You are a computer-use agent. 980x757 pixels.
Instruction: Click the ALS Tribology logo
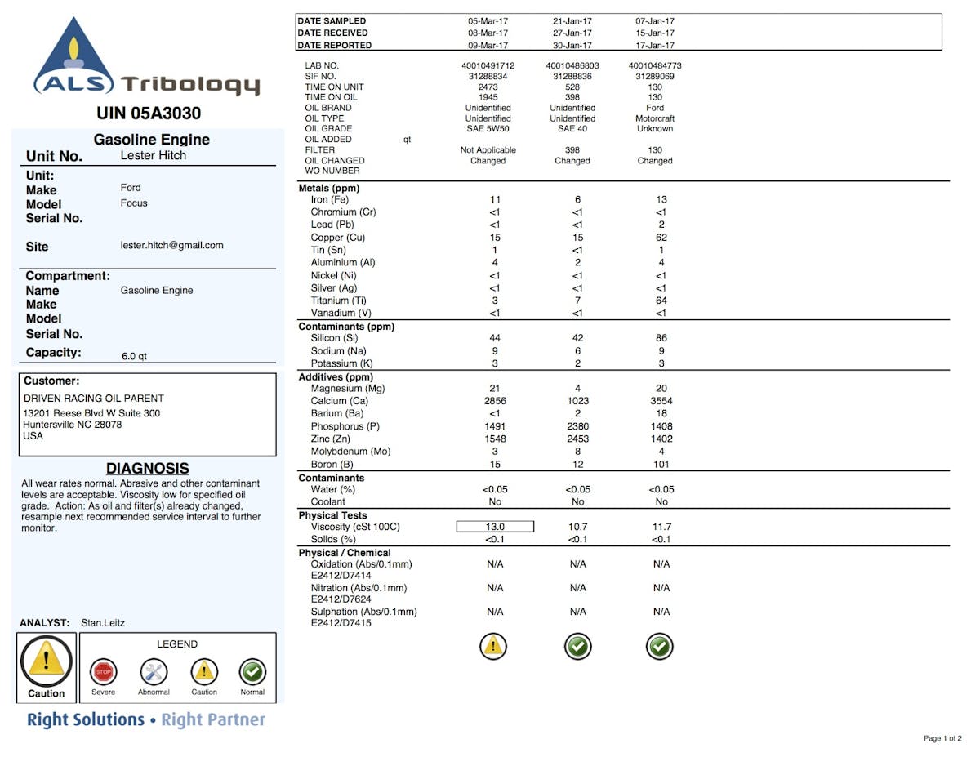coord(147,58)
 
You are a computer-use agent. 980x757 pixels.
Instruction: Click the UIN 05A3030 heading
coord(149,113)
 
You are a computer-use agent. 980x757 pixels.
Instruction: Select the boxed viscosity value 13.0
coord(495,527)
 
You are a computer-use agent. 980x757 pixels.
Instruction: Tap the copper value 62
coord(661,238)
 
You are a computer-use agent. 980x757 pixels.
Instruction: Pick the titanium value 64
coord(661,301)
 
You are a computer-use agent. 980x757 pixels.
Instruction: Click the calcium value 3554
coord(661,401)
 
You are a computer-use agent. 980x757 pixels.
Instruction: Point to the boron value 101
coord(661,465)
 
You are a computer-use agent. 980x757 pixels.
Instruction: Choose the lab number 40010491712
coord(488,65)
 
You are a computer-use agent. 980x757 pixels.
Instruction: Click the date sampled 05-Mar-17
coord(488,21)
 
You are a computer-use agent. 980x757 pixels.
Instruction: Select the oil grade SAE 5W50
coord(488,128)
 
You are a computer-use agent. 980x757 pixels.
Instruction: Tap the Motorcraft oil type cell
coord(655,118)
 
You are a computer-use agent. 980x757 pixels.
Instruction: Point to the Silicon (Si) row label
coord(334,338)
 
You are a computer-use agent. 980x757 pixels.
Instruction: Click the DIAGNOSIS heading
coord(148,469)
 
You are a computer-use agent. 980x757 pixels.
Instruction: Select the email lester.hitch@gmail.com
coord(171,245)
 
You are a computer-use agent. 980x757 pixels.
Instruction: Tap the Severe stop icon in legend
coord(103,672)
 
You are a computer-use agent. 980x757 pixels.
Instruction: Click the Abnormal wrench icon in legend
coord(154,672)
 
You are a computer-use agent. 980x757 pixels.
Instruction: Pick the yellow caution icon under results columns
coord(494,647)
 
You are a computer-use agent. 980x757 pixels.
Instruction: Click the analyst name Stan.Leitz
coord(103,623)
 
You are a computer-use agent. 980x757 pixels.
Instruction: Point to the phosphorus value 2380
coord(578,426)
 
